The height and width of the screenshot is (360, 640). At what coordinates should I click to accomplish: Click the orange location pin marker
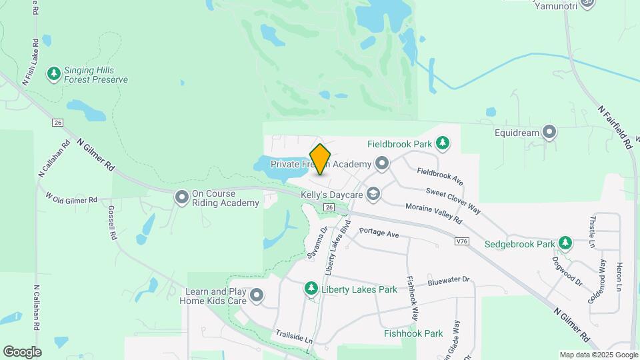coord(321,159)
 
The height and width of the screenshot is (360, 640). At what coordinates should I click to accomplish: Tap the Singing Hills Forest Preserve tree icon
coord(54,73)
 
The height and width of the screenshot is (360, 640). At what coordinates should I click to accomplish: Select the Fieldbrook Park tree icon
coord(442,143)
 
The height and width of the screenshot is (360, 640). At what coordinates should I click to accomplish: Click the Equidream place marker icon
coord(549,133)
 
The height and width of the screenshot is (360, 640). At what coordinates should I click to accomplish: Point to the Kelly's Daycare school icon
coord(373,194)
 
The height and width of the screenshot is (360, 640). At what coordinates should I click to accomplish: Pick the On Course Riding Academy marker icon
coord(181,197)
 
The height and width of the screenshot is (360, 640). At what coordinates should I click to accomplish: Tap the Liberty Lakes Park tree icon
coord(311,289)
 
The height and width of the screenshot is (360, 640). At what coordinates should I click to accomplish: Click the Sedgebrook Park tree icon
coord(565,243)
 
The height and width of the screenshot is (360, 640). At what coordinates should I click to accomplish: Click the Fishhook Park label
coord(413,333)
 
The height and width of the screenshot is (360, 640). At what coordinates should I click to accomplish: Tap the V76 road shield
coord(461,240)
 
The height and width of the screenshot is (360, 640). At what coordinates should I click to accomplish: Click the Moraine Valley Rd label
coord(433,213)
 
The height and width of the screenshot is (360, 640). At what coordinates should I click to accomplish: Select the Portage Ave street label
coord(378,233)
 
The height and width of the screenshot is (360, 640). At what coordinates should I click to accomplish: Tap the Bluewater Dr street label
coord(449,282)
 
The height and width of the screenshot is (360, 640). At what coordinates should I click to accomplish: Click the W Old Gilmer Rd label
coord(71,198)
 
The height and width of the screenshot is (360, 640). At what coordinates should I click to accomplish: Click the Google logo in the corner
coord(22,352)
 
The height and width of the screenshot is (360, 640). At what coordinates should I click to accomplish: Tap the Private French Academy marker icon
coord(382,163)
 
